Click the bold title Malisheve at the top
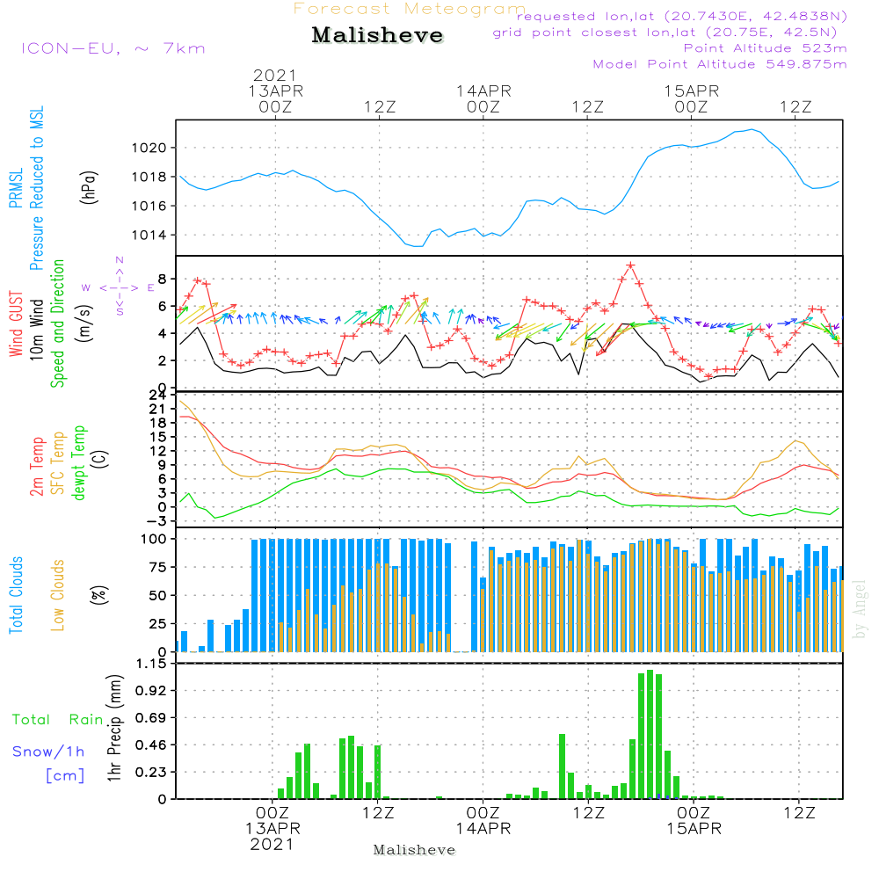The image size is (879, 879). pyautogui.click(x=377, y=36)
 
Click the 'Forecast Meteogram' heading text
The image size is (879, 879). pyautogui.click(x=410, y=9)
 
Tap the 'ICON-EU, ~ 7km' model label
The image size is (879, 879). pyautogui.click(x=113, y=47)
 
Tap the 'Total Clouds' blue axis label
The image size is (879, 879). pyautogui.click(x=16, y=594)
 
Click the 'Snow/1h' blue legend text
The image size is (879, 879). pyautogui.click(x=48, y=752)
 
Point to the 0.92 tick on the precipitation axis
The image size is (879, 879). pyautogui.click(x=150, y=691)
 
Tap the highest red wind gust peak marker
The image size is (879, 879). pyautogui.click(x=630, y=265)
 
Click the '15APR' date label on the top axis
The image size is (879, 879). pyautogui.click(x=692, y=91)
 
